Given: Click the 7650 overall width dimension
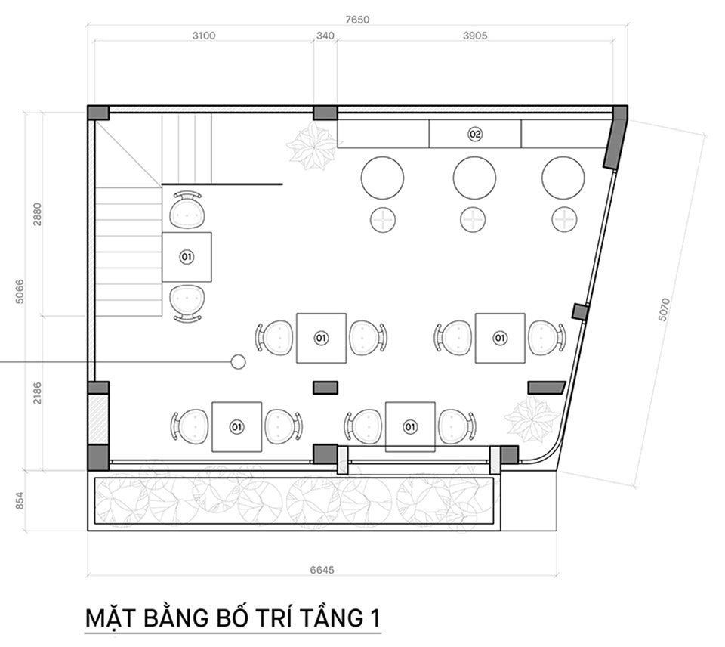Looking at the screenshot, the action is coord(357,20).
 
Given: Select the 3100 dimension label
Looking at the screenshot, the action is coord(204,36).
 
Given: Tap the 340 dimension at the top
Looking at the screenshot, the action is coord(325,36).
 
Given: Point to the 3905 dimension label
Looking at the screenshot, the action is coord(475,36).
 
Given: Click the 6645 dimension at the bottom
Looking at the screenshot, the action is coord(322,569).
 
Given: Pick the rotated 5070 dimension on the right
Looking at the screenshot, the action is coord(664,310).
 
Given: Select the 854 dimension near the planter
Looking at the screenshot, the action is coord(20,501).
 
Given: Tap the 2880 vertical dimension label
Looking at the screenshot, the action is coord(37,214).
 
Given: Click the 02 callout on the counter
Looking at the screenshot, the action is coord(475,135).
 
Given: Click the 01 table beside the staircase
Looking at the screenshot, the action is coord(187,257).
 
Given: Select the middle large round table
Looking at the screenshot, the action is coord(474,178).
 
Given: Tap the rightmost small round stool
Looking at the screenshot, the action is coord(564,219).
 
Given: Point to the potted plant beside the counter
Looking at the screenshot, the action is coord(311,146).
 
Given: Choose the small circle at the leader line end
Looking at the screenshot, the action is coord(238,361).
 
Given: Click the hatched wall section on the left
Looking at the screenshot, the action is coord(98,419).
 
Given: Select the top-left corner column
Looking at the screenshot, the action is coord(98,113).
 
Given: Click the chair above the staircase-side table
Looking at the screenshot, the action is coord(187,209).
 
